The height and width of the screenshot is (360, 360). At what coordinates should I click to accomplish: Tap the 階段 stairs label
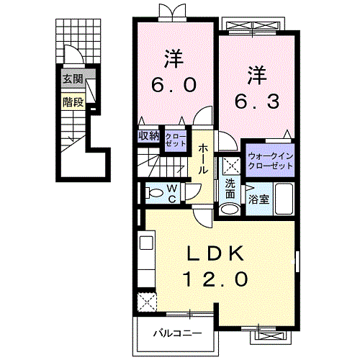point(73,102)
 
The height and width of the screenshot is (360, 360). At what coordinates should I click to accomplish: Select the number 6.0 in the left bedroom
point(173,85)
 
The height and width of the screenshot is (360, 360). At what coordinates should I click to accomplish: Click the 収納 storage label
point(149,135)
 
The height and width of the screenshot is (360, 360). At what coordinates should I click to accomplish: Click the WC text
point(174,193)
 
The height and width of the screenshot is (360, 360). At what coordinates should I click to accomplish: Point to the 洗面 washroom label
point(229,188)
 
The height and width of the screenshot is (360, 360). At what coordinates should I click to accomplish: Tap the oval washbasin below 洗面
point(229,209)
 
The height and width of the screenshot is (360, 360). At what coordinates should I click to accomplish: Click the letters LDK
point(218,253)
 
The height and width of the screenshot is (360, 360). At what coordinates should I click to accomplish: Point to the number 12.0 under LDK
point(218,278)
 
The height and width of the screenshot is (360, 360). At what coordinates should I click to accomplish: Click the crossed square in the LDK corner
point(147,301)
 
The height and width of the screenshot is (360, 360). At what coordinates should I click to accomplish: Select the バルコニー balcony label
point(176,333)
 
